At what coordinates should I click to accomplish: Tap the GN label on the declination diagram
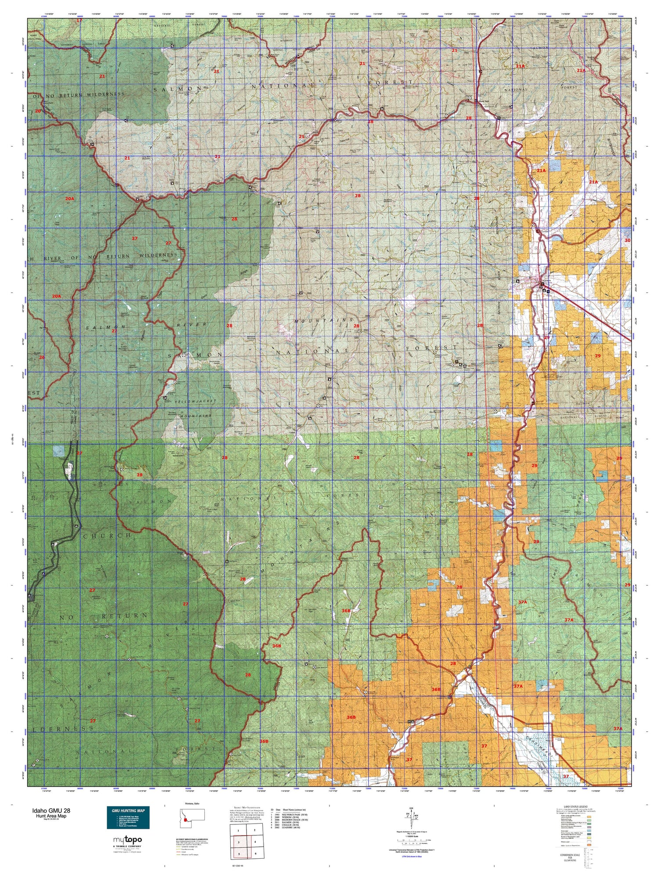411,808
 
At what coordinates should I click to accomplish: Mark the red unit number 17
80,21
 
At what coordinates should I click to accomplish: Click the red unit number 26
42,357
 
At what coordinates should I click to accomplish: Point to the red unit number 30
627,240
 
